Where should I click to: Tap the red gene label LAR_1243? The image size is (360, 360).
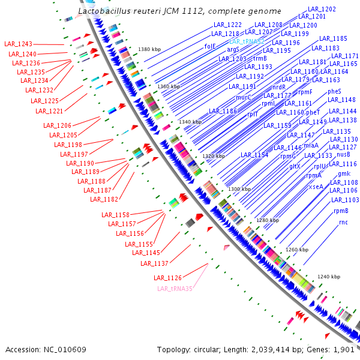click(18, 44)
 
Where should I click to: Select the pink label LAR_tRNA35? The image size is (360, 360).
click(175, 289)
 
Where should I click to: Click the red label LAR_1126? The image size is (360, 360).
click(167, 277)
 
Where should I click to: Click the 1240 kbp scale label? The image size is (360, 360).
click(329, 277)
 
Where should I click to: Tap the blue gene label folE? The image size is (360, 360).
click(210, 46)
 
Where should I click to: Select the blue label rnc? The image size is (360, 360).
click(343, 222)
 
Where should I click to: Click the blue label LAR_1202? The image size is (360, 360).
click(321, 10)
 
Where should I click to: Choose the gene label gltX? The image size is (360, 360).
click(295, 166)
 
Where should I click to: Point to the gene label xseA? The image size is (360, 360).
click(316, 187)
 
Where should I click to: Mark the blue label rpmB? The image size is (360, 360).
click(341, 211)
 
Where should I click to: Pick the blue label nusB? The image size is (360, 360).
click(343, 154)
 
